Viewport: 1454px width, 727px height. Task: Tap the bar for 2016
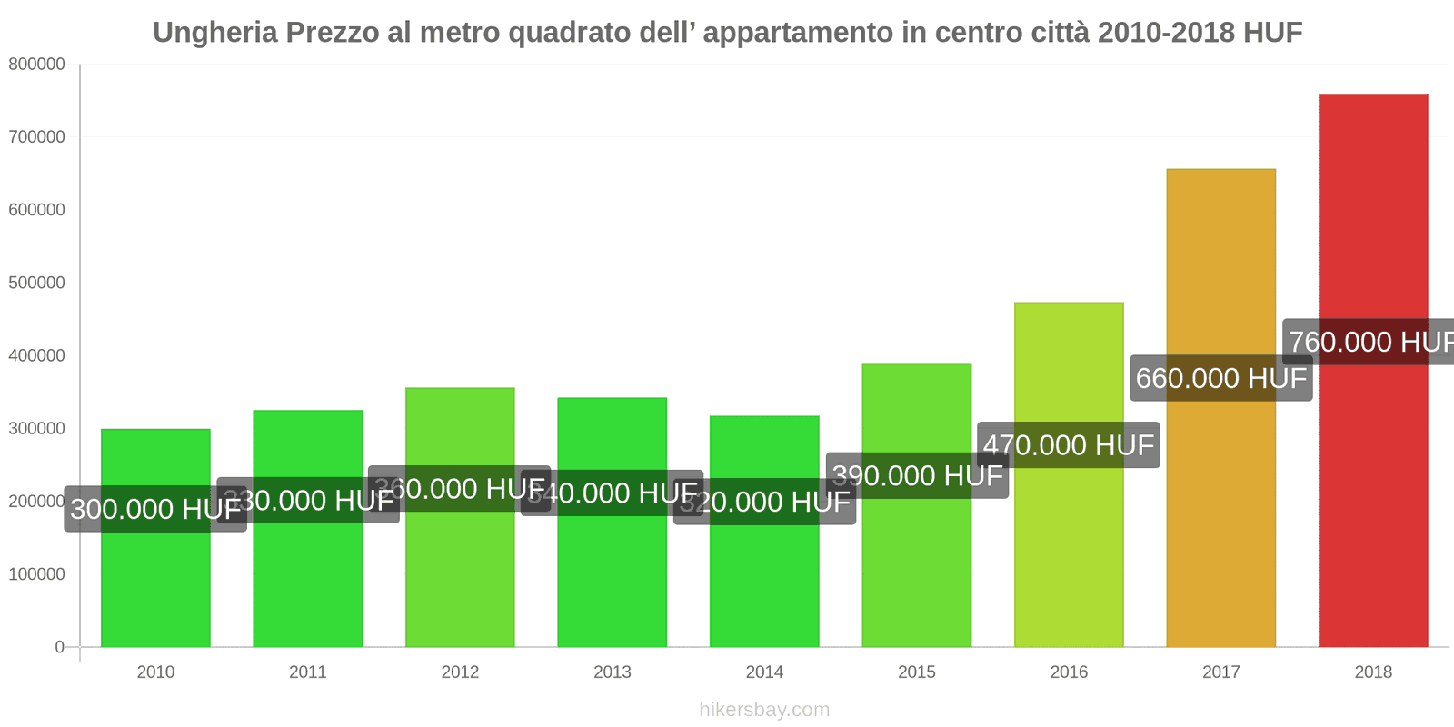coord(1069,545)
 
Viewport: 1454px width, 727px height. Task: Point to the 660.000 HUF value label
coord(1220,378)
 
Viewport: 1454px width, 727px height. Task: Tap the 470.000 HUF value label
coord(1068,445)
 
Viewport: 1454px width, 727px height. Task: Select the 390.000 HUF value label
coord(918,475)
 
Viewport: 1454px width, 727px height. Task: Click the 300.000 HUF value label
coord(155,509)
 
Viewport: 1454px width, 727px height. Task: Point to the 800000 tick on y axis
coord(36,65)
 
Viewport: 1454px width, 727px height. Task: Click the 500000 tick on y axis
coord(36,283)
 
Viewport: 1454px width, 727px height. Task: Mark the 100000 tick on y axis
coord(36,574)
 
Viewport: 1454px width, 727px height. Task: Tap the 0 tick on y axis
coord(59,647)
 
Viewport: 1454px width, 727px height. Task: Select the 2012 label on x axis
coord(460,672)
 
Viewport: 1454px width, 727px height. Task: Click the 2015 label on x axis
coord(916,672)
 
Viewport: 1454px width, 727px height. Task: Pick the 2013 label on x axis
coord(612,672)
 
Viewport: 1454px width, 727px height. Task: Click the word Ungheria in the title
coord(214,33)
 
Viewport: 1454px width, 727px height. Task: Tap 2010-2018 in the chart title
coord(1166,33)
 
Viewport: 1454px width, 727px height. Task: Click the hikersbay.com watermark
coord(764,710)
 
